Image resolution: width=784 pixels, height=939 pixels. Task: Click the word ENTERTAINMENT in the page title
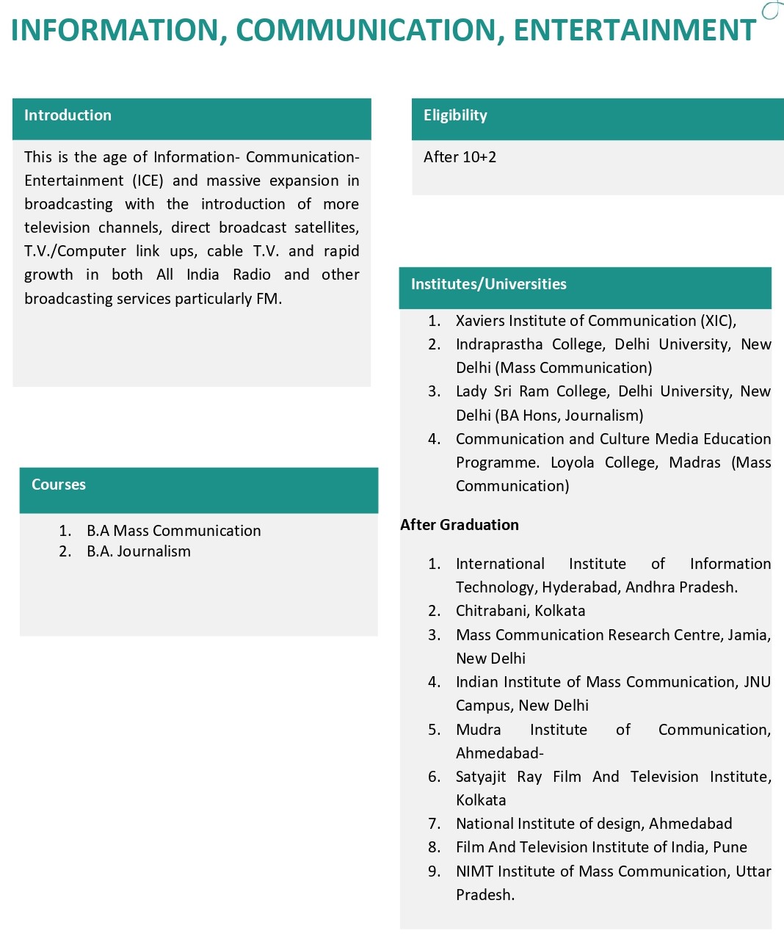coord(634,30)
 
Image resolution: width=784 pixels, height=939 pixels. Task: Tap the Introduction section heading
coord(68,115)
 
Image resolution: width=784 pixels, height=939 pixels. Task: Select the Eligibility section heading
coord(455,115)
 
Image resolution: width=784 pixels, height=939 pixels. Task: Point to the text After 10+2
coord(460,157)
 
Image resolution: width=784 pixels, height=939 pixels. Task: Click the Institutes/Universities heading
coord(488,284)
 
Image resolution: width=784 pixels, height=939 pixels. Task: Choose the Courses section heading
coord(59,485)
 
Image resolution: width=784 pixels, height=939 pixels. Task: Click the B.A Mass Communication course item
coord(173,531)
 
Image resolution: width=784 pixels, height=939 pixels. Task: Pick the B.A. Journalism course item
coord(138,551)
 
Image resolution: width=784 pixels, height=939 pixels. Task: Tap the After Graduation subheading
coord(460,525)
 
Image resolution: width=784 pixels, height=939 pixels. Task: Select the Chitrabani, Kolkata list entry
coord(520,611)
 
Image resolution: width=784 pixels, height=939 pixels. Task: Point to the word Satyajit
coord(480,777)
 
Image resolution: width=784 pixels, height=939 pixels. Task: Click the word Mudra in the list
coord(478,730)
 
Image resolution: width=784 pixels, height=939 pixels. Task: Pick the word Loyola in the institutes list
coord(572,463)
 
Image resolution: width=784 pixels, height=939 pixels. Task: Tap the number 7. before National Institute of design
coord(435,824)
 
